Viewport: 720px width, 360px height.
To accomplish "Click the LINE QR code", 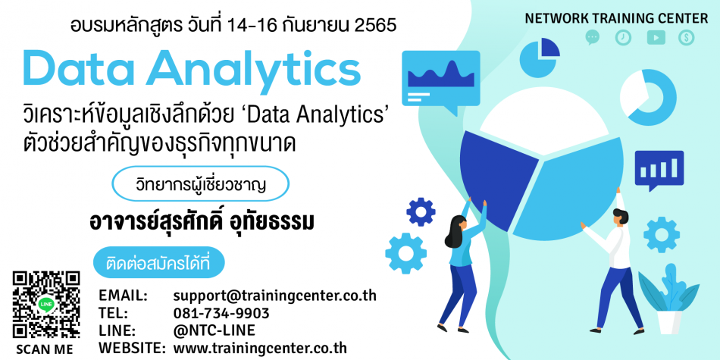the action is (46, 305).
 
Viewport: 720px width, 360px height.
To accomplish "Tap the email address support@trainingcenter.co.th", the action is (274, 296).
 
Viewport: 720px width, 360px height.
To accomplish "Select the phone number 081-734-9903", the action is (221, 313).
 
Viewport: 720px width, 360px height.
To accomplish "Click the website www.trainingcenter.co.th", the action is (260, 348).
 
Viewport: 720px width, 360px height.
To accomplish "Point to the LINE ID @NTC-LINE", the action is (214, 330).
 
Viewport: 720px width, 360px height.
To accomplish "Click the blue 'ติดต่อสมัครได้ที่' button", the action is (159, 263).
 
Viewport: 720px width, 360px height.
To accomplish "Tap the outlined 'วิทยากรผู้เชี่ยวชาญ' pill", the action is (201, 183).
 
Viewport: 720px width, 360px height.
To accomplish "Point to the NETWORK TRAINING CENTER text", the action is (616, 18).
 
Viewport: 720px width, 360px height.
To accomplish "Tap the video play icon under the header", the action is (656, 38).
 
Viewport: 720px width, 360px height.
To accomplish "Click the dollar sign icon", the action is (687, 38).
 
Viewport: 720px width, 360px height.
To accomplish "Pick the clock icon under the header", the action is (623, 38).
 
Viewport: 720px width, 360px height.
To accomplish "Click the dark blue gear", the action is (421, 211).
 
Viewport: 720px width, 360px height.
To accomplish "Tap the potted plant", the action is (669, 299).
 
